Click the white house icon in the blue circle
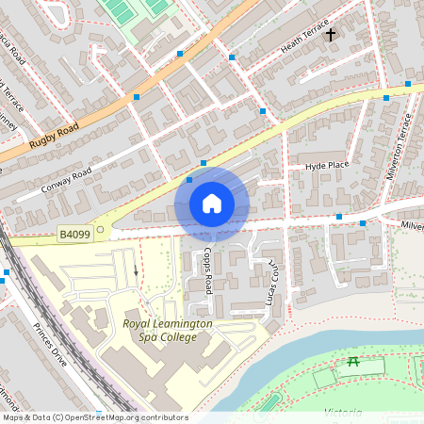click(212, 204)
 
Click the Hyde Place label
click(327, 166)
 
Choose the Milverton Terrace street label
click(400, 146)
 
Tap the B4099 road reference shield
click(74, 232)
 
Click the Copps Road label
click(208, 269)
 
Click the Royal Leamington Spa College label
click(168, 330)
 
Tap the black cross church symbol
click(331, 35)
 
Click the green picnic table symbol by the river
click(353, 362)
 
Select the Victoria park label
click(344, 413)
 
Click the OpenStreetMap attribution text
click(94, 417)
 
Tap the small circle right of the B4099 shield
click(100, 229)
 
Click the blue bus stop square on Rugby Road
click(137, 97)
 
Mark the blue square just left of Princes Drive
click(6, 272)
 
